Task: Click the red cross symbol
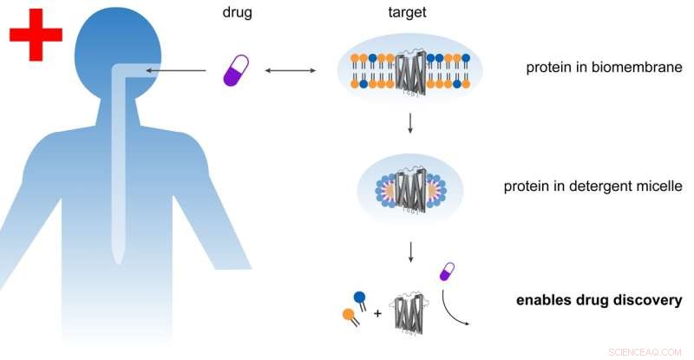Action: [x=36, y=35]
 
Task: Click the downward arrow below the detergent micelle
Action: [x=410, y=252]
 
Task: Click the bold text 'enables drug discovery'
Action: [x=599, y=302]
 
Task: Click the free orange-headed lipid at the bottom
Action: [x=350, y=316]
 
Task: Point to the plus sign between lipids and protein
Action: [x=376, y=311]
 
